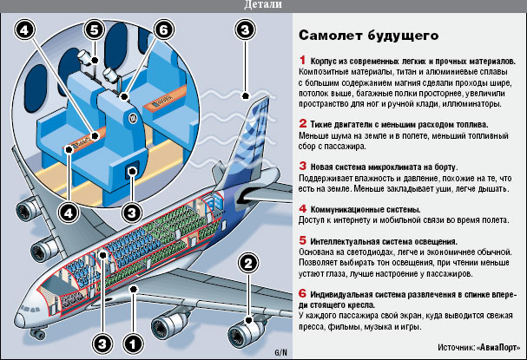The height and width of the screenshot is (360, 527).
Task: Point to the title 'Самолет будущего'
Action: click(368, 36)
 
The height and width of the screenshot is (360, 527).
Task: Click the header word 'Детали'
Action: click(263, 6)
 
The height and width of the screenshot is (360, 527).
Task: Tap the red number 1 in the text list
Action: click(301, 62)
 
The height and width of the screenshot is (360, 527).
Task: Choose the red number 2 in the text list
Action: click(301, 124)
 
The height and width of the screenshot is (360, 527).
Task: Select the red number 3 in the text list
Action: click(301, 166)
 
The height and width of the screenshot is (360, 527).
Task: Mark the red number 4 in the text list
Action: click(301, 208)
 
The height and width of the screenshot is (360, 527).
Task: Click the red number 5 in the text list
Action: click(301, 239)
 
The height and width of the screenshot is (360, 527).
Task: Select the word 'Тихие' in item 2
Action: click(323, 125)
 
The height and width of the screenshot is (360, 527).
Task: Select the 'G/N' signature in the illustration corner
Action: click(280, 352)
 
